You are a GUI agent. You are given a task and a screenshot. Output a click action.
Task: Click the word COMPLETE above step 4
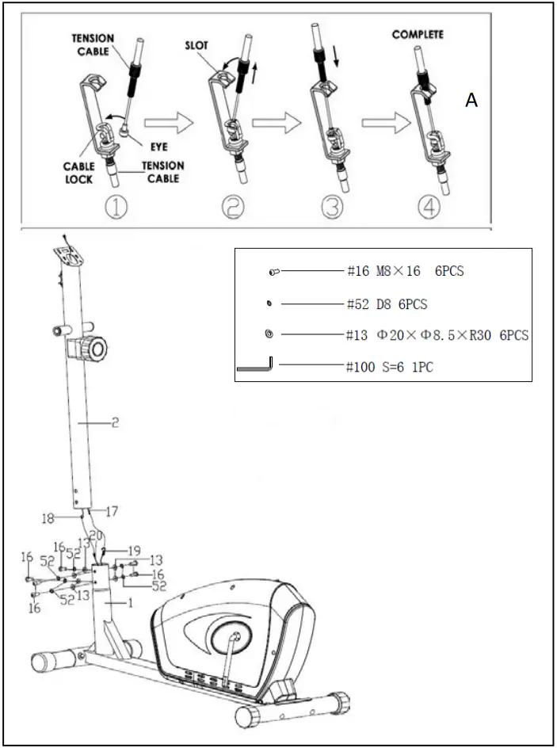tap(418, 35)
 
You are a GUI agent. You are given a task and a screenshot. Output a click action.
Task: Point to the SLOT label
tap(196, 46)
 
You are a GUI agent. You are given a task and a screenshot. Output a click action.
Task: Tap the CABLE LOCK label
tap(80, 174)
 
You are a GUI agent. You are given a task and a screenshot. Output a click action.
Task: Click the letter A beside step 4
tap(471, 101)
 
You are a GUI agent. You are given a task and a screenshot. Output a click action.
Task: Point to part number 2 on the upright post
tap(115, 423)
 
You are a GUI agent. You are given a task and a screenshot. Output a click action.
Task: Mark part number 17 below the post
tap(112, 510)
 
